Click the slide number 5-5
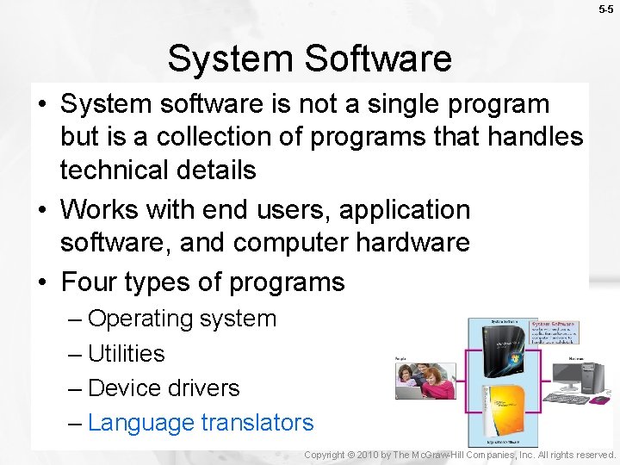click(606, 9)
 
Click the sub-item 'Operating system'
click(182, 319)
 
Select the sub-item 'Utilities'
click(126, 353)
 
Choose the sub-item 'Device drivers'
click(164, 388)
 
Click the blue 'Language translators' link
click(201, 423)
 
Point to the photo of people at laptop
click(425, 380)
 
